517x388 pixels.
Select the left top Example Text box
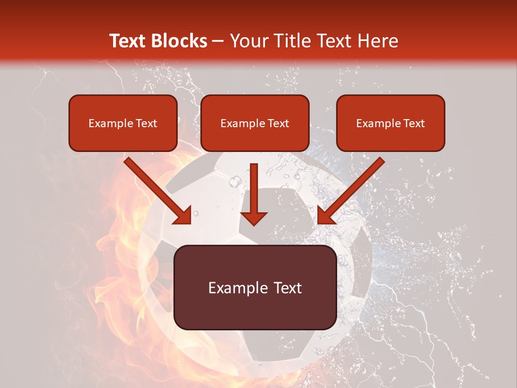[x=123, y=123]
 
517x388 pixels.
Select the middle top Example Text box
[x=255, y=123]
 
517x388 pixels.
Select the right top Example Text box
[x=390, y=123]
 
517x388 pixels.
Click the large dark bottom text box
[x=255, y=287]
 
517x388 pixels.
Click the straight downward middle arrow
[x=254, y=194]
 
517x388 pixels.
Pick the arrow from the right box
[x=351, y=191]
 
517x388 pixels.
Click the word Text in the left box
[x=145, y=123]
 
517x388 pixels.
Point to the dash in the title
[x=218, y=41]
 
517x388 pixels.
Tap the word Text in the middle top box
[x=277, y=123]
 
